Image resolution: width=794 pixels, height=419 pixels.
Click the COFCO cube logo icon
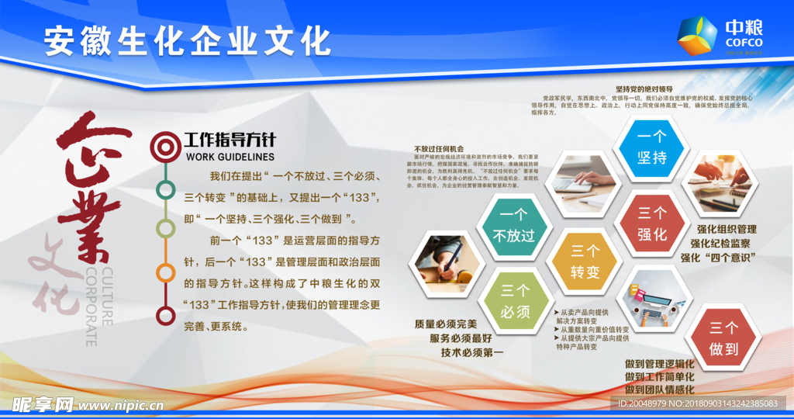point(696,36)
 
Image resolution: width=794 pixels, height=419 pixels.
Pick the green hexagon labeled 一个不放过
point(516,226)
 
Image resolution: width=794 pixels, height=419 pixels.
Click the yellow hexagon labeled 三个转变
point(585,261)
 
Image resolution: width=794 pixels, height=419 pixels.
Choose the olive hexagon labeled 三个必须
point(516,301)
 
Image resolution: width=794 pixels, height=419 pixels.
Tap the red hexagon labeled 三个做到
point(723,338)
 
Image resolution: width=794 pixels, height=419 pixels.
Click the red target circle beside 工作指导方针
point(164,144)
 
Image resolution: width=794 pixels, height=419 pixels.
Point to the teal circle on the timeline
point(164,189)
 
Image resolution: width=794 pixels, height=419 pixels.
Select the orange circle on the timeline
point(164,273)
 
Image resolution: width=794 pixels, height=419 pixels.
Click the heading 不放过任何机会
point(439,148)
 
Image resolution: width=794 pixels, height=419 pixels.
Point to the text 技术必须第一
point(472,352)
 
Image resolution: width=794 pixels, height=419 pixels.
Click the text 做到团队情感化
point(659,390)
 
